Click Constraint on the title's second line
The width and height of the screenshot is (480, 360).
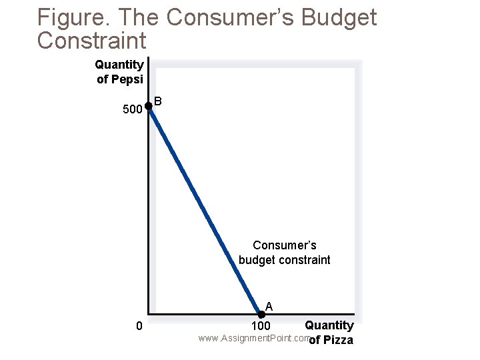[x=91, y=40]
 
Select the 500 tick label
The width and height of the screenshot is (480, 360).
[x=133, y=109]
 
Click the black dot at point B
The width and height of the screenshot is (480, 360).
[x=149, y=106]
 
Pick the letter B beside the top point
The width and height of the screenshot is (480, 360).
[x=158, y=101]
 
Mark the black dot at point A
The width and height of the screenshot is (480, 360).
[x=261, y=314]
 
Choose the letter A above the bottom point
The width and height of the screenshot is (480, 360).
[x=268, y=306]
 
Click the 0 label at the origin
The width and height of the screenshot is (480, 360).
[x=138, y=326]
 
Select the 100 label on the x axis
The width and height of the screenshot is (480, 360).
[x=261, y=327]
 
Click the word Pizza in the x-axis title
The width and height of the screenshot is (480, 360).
[x=339, y=341]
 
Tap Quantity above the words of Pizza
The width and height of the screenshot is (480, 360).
[x=329, y=325]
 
